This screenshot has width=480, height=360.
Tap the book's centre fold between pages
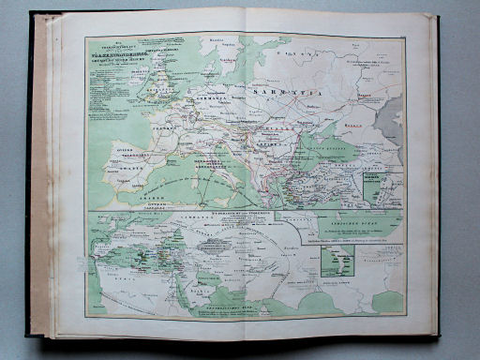pos(246,178)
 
